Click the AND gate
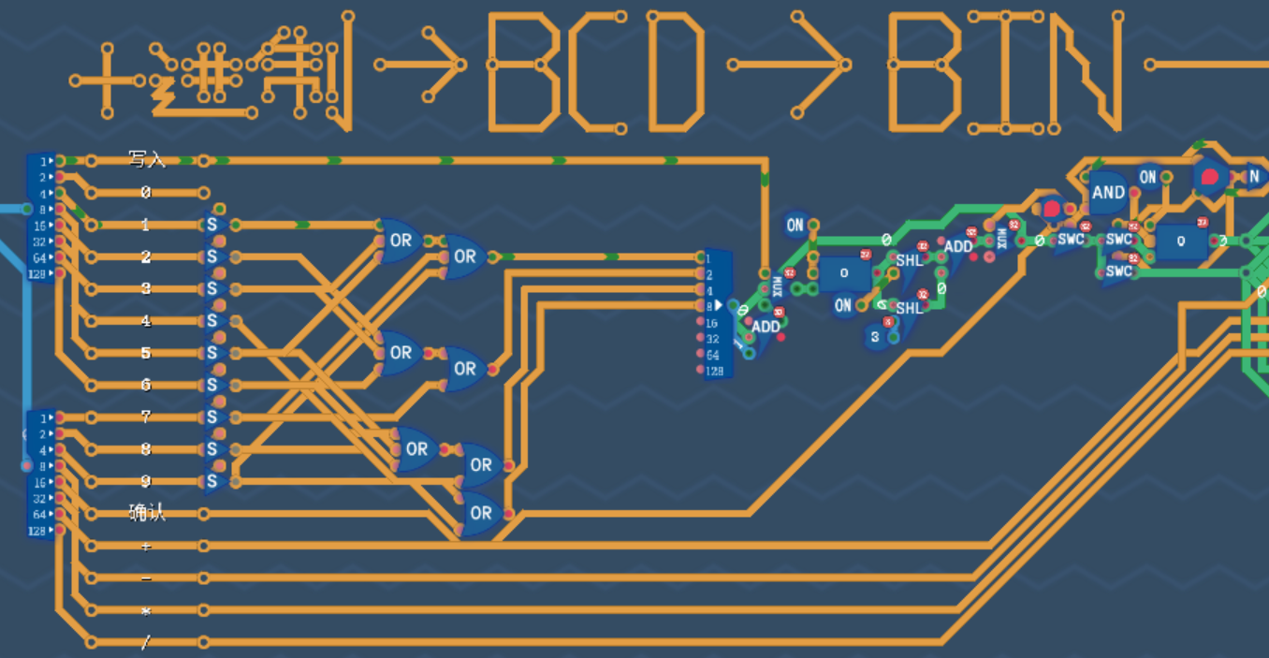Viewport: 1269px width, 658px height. [x=1108, y=193]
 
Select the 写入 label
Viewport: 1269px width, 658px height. [x=146, y=159]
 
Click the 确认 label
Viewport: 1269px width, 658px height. [x=146, y=512]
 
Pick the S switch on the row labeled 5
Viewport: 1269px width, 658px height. [x=212, y=353]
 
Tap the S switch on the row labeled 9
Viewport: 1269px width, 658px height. [x=212, y=481]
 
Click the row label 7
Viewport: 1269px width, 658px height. [x=146, y=417]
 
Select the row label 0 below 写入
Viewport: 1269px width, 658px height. [x=146, y=193]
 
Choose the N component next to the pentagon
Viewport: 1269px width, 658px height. [x=1253, y=175]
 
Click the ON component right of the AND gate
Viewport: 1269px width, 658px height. [x=1148, y=176]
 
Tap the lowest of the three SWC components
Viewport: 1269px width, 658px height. [x=1118, y=271]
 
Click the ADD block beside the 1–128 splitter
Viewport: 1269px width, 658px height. [x=766, y=327]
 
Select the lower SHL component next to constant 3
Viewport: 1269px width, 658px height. [x=909, y=308]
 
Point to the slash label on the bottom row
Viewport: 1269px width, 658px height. [x=146, y=642]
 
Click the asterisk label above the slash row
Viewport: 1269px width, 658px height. [x=146, y=610]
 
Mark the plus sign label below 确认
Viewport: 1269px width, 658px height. [x=146, y=546]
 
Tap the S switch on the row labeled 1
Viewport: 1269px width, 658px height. [x=212, y=225]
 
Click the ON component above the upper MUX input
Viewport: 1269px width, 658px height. [x=795, y=225]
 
